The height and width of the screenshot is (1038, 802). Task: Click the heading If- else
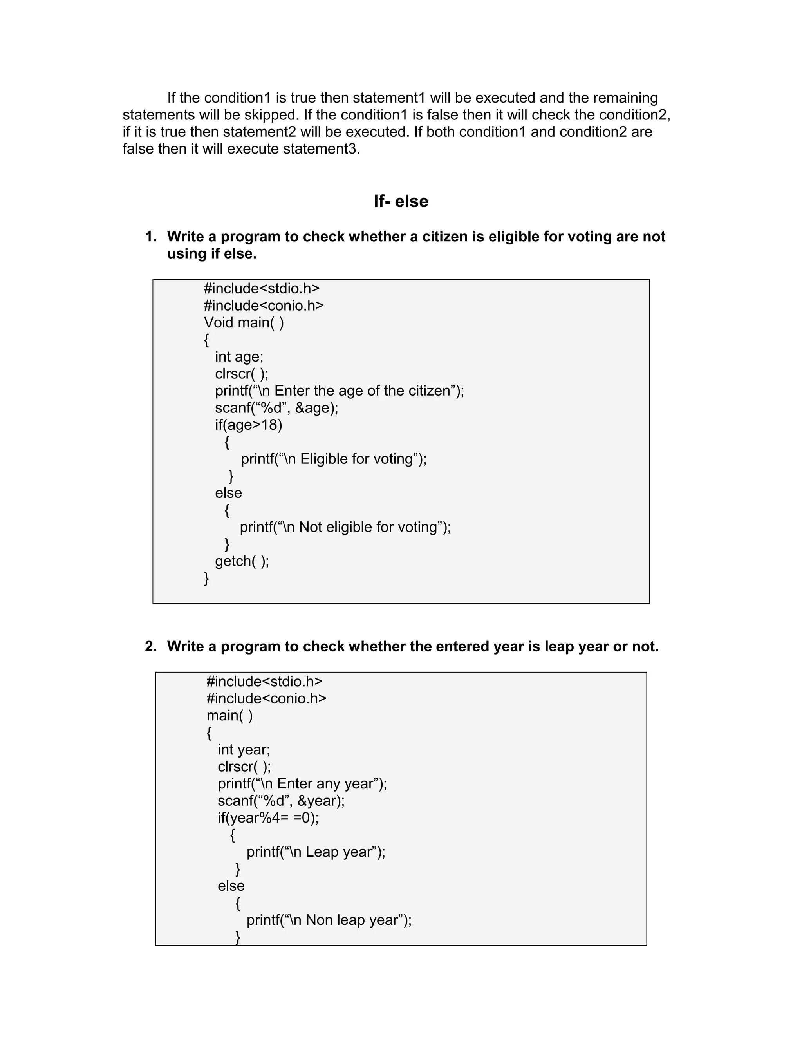pyautogui.click(x=401, y=201)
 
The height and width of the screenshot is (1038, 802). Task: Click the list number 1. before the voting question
pyautogui.click(x=151, y=237)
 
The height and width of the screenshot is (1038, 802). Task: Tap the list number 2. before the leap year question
pyautogui.click(x=151, y=646)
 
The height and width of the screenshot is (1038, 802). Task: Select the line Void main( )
pyautogui.click(x=244, y=323)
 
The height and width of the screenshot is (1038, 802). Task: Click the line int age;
pyautogui.click(x=239, y=356)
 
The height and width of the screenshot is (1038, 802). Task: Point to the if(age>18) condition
pyautogui.click(x=249, y=425)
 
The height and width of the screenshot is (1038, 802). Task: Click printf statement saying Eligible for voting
pyautogui.click(x=334, y=459)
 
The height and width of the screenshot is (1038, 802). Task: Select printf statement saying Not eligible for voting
pyautogui.click(x=345, y=527)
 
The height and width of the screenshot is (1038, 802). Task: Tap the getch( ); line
pyautogui.click(x=242, y=561)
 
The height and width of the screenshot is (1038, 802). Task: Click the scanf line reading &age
pyautogui.click(x=276, y=408)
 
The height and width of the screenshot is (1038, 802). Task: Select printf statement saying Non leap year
pyautogui.click(x=329, y=920)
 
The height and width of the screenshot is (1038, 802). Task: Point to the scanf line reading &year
pyautogui.click(x=281, y=801)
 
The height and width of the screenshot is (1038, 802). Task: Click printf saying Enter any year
pyautogui.click(x=302, y=784)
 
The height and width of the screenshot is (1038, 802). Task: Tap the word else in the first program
pyautogui.click(x=229, y=493)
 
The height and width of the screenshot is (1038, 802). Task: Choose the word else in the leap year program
pyautogui.click(x=231, y=886)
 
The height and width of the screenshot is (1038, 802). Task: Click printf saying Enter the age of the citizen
pyautogui.click(x=339, y=391)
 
